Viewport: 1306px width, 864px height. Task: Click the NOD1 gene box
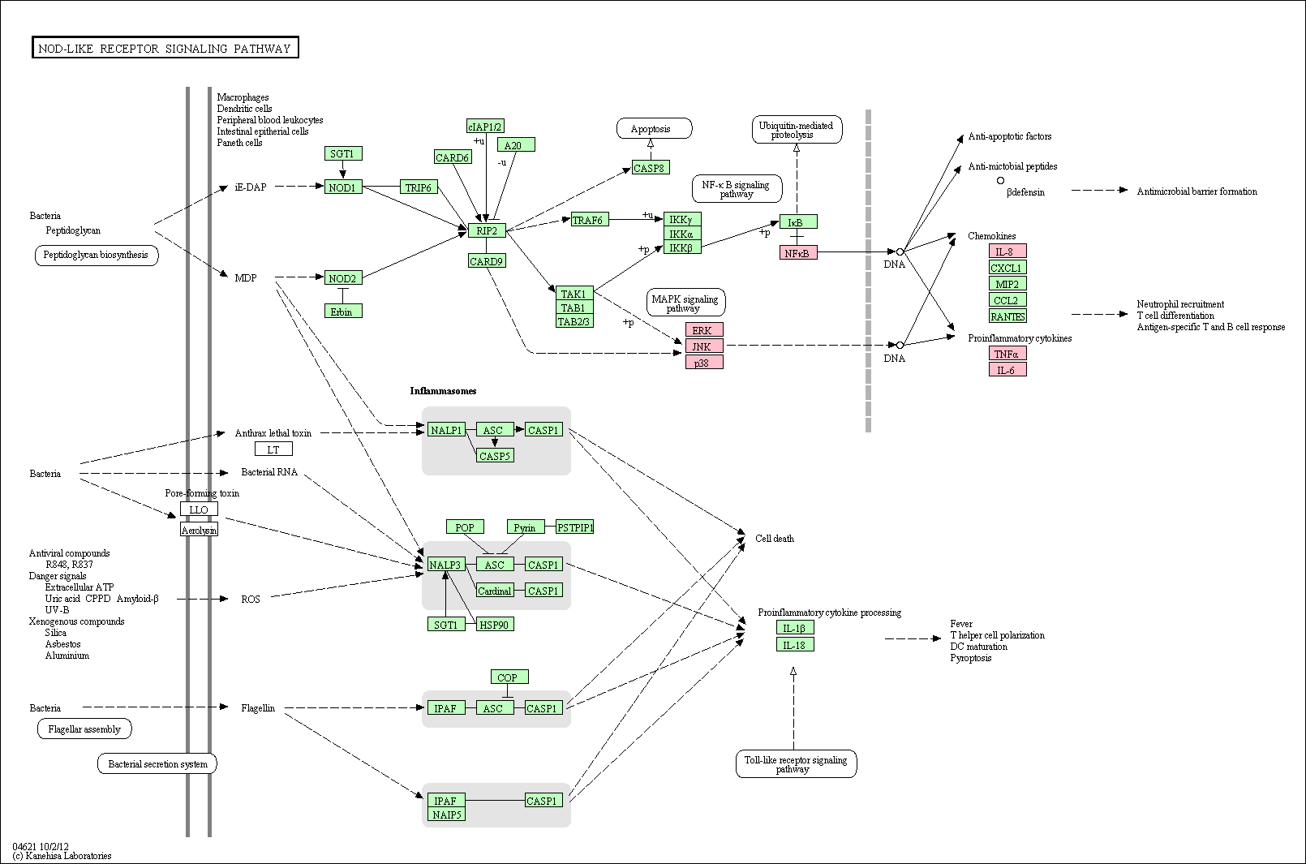click(x=343, y=187)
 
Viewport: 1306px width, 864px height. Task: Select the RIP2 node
click(x=487, y=230)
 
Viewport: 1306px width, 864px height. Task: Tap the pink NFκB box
click(x=798, y=253)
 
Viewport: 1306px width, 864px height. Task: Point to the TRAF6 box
click(x=590, y=220)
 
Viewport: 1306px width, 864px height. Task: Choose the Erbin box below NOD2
click(x=343, y=312)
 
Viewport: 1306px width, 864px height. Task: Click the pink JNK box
click(x=704, y=346)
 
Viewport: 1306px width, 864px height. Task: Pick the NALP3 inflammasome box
click(x=447, y=565)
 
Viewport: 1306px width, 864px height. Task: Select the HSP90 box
click(x=495, y=625)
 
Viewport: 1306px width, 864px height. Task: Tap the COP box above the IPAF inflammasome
click(x=509, y=677)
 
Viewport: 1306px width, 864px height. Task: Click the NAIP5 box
click(x=447, y=815)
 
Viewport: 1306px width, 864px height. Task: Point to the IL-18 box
click(x=795, y=645)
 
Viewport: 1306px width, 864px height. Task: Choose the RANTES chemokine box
click(x=1007, y=316)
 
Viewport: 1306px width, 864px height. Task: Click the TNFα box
click(x=1007, y=353)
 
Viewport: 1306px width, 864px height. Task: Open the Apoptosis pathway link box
click(x=654, y=129)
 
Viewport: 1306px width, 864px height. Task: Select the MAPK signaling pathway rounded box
click(x=685, y=303)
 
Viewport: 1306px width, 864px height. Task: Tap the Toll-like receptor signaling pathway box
click(x=796, y=763)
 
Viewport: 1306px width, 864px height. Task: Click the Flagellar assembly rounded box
click(x=84, y=729)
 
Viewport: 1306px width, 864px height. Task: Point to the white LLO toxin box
click(x=199, y=509)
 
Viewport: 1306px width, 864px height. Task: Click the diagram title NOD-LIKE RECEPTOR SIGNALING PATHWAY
click(x=165, y=49)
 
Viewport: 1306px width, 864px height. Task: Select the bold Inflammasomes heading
click(x=443, y=390)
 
